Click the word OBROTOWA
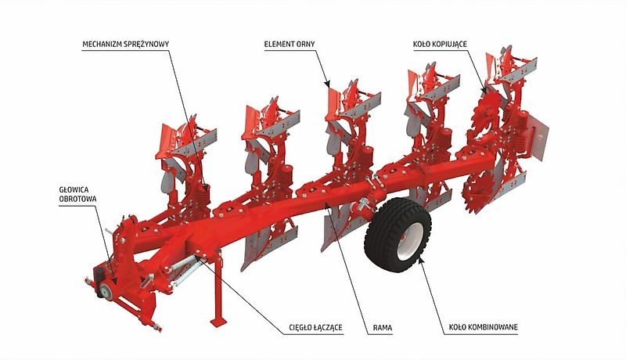pos(76,199)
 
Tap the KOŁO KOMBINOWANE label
pos(485,326)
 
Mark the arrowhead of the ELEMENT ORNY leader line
pos(329,81)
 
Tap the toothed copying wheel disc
pos(479,149)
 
